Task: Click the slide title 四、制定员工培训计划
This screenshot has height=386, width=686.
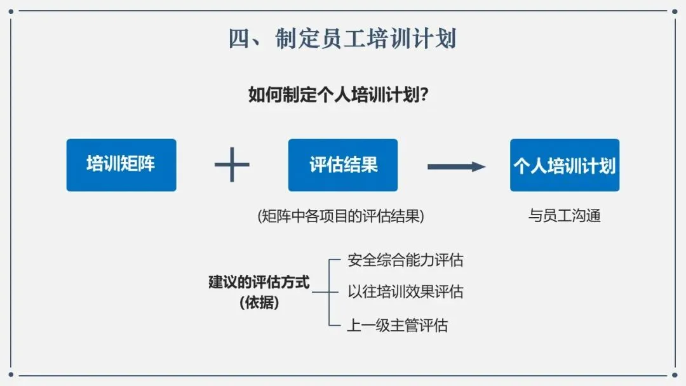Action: click(x=342, y=39)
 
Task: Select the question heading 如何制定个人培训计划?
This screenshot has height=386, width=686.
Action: click(x=337, y=96)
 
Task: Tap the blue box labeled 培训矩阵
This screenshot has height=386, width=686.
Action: click(x=121, y=165)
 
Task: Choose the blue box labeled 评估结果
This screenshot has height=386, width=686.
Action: click(x=343, y=165)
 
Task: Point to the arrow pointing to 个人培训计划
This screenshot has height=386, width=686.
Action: click(x=456, y=166)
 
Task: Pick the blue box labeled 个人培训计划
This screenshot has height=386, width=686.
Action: click(x=565, y=165)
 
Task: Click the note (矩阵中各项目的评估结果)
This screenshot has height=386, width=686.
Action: click(x=340, y=216)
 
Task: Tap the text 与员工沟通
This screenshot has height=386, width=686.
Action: click(x=565, y=216)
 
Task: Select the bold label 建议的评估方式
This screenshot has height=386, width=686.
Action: click(x=259, y=282)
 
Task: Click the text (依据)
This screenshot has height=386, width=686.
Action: click(x=259, y=303)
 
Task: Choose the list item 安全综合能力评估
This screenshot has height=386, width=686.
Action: click(x=405, y=260)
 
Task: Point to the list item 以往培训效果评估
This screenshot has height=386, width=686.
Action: click(x=405, y=292)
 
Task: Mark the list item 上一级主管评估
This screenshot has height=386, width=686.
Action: click(x=398, y=326)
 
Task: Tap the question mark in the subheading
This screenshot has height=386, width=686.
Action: click(x=422, y=96)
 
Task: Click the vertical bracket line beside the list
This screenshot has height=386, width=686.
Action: click(x=330, y=292)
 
